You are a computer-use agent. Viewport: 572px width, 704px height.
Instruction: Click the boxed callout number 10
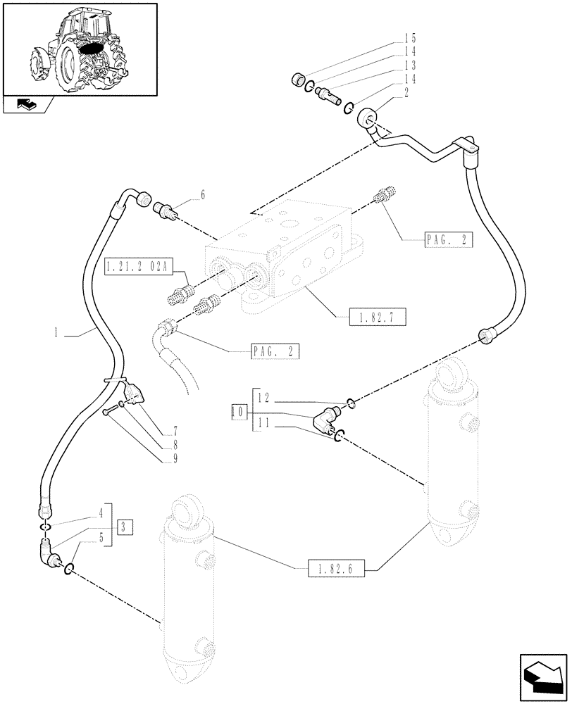tap(238, 413)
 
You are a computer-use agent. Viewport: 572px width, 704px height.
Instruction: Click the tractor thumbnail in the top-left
tap(79, 47)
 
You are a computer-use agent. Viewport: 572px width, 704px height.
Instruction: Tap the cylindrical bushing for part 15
tap(297, 80)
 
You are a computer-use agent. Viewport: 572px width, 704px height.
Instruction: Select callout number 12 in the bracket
tap(262, 398)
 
